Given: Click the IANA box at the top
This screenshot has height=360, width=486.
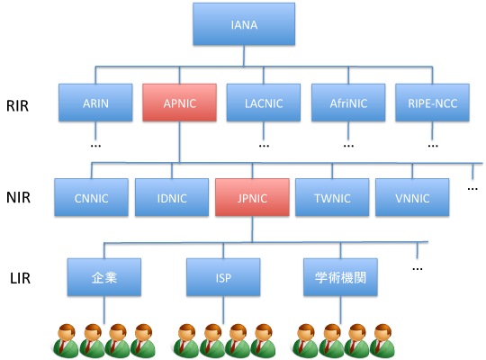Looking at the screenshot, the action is [x=244, y=24].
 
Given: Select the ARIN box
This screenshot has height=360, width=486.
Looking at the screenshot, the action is [x=95, y=103].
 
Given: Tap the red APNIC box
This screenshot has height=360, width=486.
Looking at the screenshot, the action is [x=179, y=103].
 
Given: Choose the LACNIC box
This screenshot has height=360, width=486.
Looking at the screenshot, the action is [x=264, y=103].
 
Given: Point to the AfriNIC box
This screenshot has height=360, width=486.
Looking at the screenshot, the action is [x=348, y=103].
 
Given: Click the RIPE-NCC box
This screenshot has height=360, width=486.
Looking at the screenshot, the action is [x=432, y=103].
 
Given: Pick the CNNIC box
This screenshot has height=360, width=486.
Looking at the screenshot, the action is [x=92, y=197].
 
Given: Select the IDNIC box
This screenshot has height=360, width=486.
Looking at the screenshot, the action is [x=172, y=197].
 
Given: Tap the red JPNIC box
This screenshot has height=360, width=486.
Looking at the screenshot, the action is [x=252, y=197].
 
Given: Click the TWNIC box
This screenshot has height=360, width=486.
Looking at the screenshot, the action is [x=332, y=197].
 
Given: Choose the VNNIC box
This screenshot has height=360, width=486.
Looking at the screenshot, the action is [x=412, y=197].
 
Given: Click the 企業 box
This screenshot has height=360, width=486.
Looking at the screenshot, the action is [x=104, y=277].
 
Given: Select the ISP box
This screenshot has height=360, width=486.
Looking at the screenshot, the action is [x=223, y=277].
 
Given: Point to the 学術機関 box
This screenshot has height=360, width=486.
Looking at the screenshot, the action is [x=340, y=277].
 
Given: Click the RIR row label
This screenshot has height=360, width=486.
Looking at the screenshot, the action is [x=18, y=105].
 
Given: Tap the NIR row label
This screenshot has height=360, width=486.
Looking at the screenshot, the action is [x=19, y=197].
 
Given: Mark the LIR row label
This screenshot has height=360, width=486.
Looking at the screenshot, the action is [x=21, y=278].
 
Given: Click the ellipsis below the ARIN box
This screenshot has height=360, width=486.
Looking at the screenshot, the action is [x=95, y=146].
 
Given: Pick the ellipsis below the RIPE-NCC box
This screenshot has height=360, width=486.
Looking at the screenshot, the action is [x=433, y=146].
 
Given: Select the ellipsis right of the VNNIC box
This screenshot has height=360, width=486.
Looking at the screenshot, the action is [x=472, y=189].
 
